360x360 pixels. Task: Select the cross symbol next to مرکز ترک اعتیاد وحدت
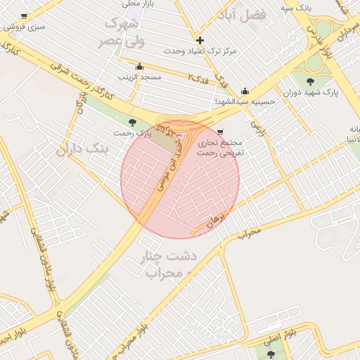[x=200, y=40]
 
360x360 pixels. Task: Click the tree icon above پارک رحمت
[x=133, y=122]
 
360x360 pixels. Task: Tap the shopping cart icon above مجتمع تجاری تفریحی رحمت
[x=220, y=131]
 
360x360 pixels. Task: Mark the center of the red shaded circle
[x=180, y=179]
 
